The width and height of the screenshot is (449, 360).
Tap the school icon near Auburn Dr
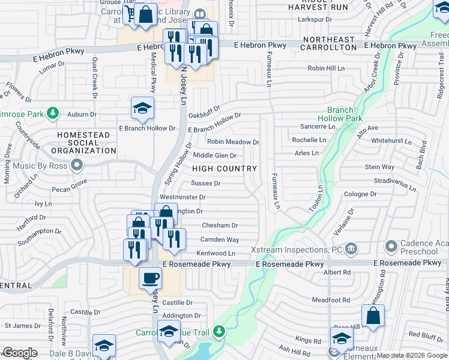pyautogui.click(x=142, y=108)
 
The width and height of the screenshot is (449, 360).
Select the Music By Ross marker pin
pyautogui.click(x=77, y=164)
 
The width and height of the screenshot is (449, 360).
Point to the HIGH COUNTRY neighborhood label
pyautogui.click(x=224, y=169)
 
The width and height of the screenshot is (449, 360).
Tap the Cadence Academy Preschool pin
pyautogui.click(x=391, y=246)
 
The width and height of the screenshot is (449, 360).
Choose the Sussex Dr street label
pyautogui.click(x=206, y=184)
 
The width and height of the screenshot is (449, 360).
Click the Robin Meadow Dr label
pyautogui.click(x=233, y=142)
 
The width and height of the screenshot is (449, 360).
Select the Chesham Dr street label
pyautogui.click(x=220, y=226)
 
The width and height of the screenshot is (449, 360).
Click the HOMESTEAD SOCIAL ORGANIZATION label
pyautogui.click(x=83, y=143)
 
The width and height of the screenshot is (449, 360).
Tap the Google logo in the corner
pyautogui.click(x=20, y=353)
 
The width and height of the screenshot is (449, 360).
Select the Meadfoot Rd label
pyautogui.click(x=330, y=299)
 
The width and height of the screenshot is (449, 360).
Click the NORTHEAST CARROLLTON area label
pyautogui.click(x=329, y=47)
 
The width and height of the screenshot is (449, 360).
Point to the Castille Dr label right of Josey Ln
pyautogui.click(x=177, y=303)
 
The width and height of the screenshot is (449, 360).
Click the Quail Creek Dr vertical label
pyautogui.click(x=95, y=77)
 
